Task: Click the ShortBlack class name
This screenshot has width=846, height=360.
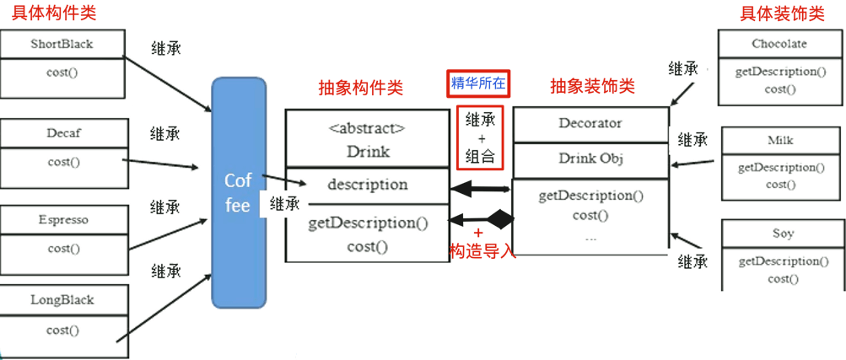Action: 62,43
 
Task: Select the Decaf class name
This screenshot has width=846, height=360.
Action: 63,132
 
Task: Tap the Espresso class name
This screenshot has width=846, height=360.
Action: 63,220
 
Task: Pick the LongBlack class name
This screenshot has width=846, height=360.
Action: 62,299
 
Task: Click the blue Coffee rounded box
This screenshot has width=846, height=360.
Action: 238,192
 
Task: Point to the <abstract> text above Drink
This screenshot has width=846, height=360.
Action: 367,129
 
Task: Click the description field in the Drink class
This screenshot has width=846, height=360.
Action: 367,184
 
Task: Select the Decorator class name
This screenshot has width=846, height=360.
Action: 590,123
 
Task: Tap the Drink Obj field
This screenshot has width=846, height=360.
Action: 590,158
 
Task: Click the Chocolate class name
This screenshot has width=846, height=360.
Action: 779,43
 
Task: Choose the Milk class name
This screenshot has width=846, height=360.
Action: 780,140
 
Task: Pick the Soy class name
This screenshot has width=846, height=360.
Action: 782,233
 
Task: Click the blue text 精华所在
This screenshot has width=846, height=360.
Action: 478,83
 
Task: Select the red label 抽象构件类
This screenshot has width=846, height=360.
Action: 360,88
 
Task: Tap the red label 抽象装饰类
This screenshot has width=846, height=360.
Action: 591,87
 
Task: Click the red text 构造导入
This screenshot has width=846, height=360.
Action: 482,250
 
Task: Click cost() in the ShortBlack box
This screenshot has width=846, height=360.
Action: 62,72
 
